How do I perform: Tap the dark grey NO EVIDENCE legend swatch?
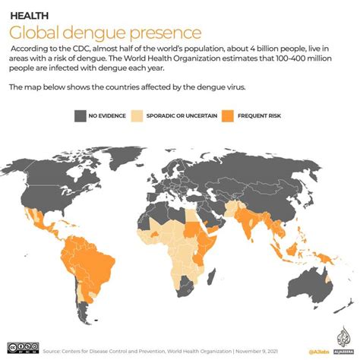pyautogui.click(x=81, y=115)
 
